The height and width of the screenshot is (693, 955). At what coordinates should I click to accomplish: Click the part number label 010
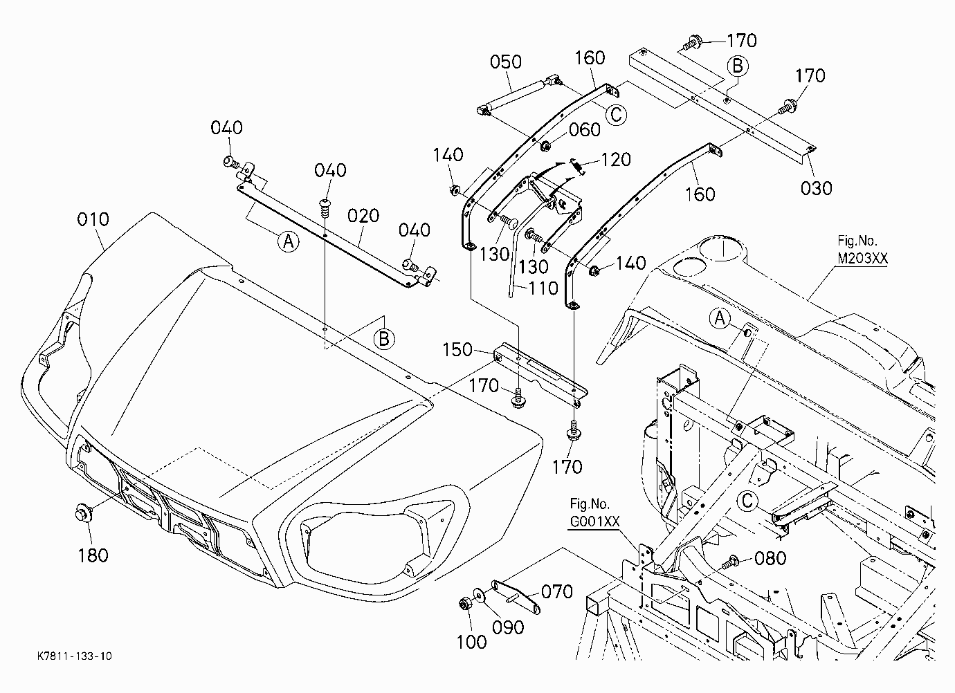click(93, 219)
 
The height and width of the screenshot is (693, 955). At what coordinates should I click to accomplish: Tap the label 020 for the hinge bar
click(363, 216)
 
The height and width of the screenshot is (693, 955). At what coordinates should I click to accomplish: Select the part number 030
click(816, 188)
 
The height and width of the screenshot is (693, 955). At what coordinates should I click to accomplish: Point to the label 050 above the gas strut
click(506, 62)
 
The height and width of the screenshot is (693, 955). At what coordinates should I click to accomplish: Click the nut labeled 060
click(545, 146)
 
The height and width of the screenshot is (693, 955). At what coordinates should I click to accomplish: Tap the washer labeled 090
click(479, 595)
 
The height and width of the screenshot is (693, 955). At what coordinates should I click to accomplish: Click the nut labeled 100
click(464, 604)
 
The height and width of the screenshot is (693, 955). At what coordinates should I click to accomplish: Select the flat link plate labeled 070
click(516, 597)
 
